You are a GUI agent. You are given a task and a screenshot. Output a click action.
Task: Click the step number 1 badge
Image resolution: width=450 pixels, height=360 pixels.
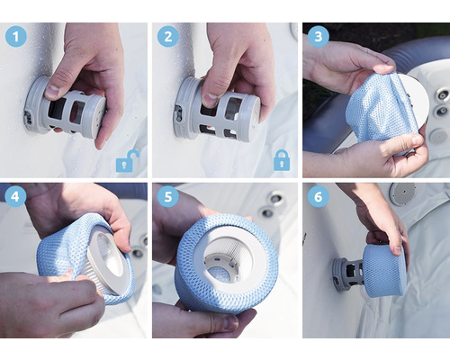(x=16, y=36)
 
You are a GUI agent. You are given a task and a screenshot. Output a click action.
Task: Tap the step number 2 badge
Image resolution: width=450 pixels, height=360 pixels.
(x=168, y=36)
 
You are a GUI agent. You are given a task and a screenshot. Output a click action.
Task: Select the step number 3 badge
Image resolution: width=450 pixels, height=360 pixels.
(x=319, y=37)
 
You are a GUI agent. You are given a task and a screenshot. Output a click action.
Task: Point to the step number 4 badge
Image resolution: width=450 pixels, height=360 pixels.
(x=16, y=196)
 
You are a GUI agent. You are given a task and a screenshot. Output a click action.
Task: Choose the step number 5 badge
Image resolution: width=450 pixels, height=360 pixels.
(x=168, y=196)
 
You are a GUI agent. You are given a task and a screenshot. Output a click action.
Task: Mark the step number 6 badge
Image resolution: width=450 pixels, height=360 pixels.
(x=319, y=196)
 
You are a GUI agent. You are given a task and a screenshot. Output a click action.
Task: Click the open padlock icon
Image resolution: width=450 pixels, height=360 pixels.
(x=128, y=161)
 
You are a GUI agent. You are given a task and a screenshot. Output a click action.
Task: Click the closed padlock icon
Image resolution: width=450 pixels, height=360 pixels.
(x=282, y=160)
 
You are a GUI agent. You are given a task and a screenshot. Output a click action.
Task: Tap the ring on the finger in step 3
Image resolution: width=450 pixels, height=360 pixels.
(x=409, y=154)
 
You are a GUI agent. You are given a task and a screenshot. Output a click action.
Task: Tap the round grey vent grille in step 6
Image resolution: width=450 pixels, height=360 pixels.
(x=402, y=193)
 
